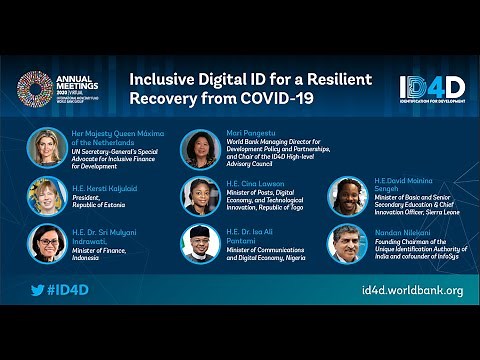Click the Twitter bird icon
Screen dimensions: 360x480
coord(37,291)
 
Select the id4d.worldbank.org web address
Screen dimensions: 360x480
coord(412,291)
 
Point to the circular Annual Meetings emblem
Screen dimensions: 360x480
coord(34,89)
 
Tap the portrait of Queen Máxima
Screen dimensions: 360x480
coord(46,147)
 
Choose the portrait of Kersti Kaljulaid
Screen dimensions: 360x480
coord(46,195)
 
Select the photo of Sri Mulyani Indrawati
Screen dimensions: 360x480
coord(46,243)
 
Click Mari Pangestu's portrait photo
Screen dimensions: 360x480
coord(200,149)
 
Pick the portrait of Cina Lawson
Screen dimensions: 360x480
coord(200,196)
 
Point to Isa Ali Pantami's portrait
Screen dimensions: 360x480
coord(200,243)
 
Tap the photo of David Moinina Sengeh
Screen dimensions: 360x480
coord(349,196)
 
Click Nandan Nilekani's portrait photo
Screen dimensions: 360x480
coord(349,243)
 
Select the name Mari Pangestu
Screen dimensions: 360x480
coord(249,131)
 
